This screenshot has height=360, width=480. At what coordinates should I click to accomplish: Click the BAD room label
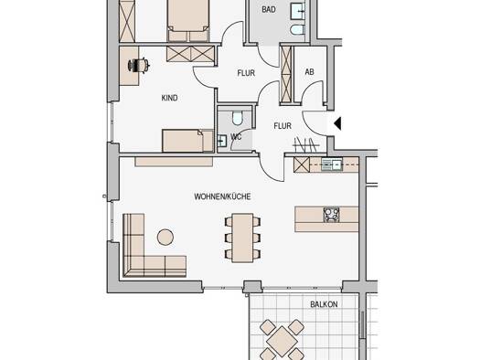(x=269, y=9)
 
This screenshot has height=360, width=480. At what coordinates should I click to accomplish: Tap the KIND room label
(x=169, y=98)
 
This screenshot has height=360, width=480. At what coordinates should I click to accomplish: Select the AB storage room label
(x=309, y=72)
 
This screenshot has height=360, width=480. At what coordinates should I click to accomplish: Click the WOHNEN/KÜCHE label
(x=222, y=196)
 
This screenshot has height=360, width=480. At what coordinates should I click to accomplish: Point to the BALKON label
(x=324, y=304)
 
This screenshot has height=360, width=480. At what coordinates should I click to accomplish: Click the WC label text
(x=236, y=137)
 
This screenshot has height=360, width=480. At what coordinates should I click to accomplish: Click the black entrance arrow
(x=337, y=124)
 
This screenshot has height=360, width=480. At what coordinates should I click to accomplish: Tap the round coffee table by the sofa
(x=165, y=237)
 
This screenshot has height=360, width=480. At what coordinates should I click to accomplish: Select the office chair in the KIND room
(x=139, y=65)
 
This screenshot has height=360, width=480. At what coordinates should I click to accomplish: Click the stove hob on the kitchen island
(x=332, y=215)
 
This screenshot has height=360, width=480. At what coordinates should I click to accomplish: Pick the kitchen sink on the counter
(x=332, y=165)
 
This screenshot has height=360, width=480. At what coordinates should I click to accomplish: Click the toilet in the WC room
(x=237, y=118)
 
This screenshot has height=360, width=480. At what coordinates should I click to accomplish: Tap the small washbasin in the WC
(x=221, y=141)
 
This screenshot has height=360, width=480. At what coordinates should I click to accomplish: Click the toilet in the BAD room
(x=297, y=30)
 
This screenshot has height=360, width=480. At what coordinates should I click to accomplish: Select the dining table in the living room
(x=242, y=238)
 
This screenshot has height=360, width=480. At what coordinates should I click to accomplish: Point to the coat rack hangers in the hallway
(x=305, y=144)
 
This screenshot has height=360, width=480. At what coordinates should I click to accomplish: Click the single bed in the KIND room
(x=187, y=141)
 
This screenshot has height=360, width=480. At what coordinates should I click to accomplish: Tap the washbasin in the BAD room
(x=297, y=11)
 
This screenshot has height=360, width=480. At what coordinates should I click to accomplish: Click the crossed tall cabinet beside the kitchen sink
(x=302, y=164)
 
